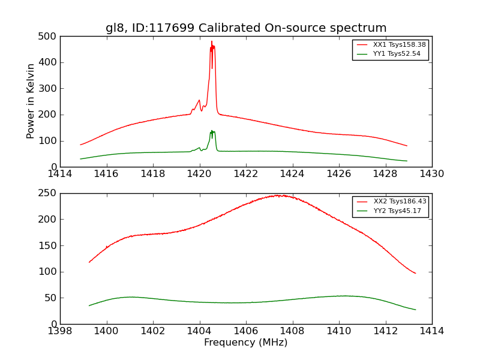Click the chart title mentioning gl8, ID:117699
coord(246,28)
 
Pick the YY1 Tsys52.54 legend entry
coord(397,54)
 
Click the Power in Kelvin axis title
coord(31,101)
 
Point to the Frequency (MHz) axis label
coord(246,343)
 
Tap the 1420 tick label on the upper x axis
coord(199,174)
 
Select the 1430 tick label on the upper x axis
coord(432,174)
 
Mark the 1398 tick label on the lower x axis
coord(60,331)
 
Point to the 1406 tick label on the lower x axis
coord(246,331)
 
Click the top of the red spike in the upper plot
coord(212,41)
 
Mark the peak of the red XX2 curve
coord(278,195)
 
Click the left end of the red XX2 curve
coord(89,262)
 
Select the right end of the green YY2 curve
coord(415,310)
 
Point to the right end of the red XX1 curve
coord(407,146)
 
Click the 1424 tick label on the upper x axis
coord(292,174)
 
